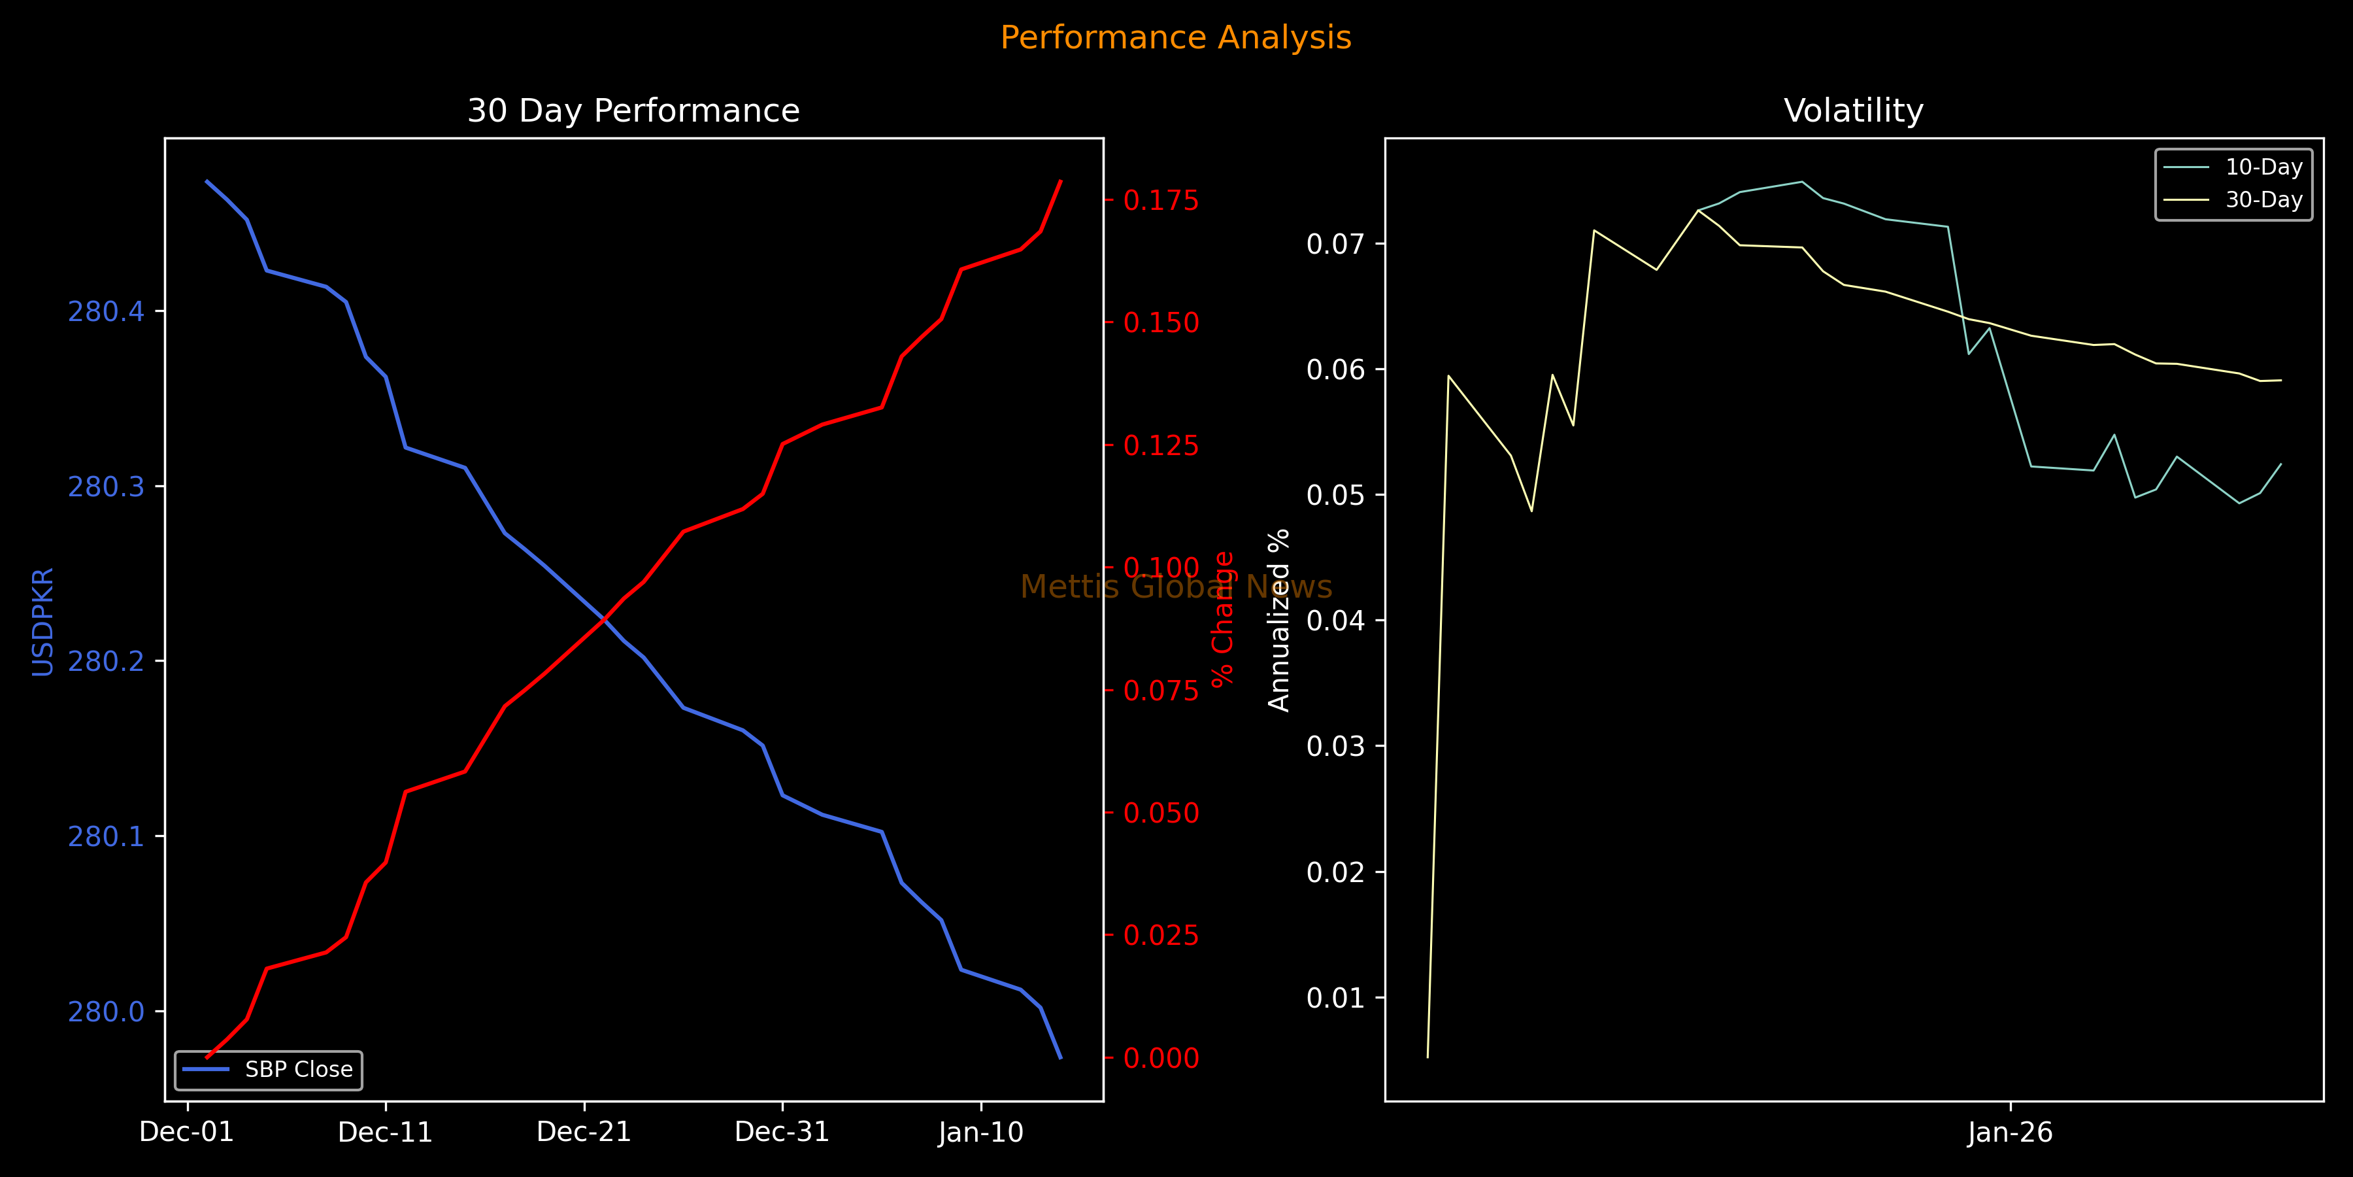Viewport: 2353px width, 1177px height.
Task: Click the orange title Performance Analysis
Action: pos(1176,37)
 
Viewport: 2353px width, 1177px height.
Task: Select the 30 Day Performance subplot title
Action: pos(633,111)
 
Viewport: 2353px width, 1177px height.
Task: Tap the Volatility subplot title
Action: pos(1854,111)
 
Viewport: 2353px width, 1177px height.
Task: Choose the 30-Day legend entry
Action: pos(2263,200)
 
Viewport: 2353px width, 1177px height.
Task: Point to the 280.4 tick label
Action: pos(106,312)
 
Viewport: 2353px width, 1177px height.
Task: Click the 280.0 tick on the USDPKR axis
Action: pos(106,1012)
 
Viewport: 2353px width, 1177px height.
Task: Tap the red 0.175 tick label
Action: pos(1161,201)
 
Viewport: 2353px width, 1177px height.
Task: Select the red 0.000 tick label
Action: pos(1161,1058)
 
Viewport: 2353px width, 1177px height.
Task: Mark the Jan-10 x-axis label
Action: pos(981,1133)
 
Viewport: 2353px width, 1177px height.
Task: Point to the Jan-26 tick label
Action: pos(2011,1133)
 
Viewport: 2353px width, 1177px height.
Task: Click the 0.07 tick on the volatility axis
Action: pos(1335,244)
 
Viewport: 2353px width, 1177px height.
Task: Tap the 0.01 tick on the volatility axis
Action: pos(1335,998)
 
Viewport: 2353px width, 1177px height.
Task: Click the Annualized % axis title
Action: pos(1279,620)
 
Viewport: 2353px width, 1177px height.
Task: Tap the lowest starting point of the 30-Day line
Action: pos(1427,1057)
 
